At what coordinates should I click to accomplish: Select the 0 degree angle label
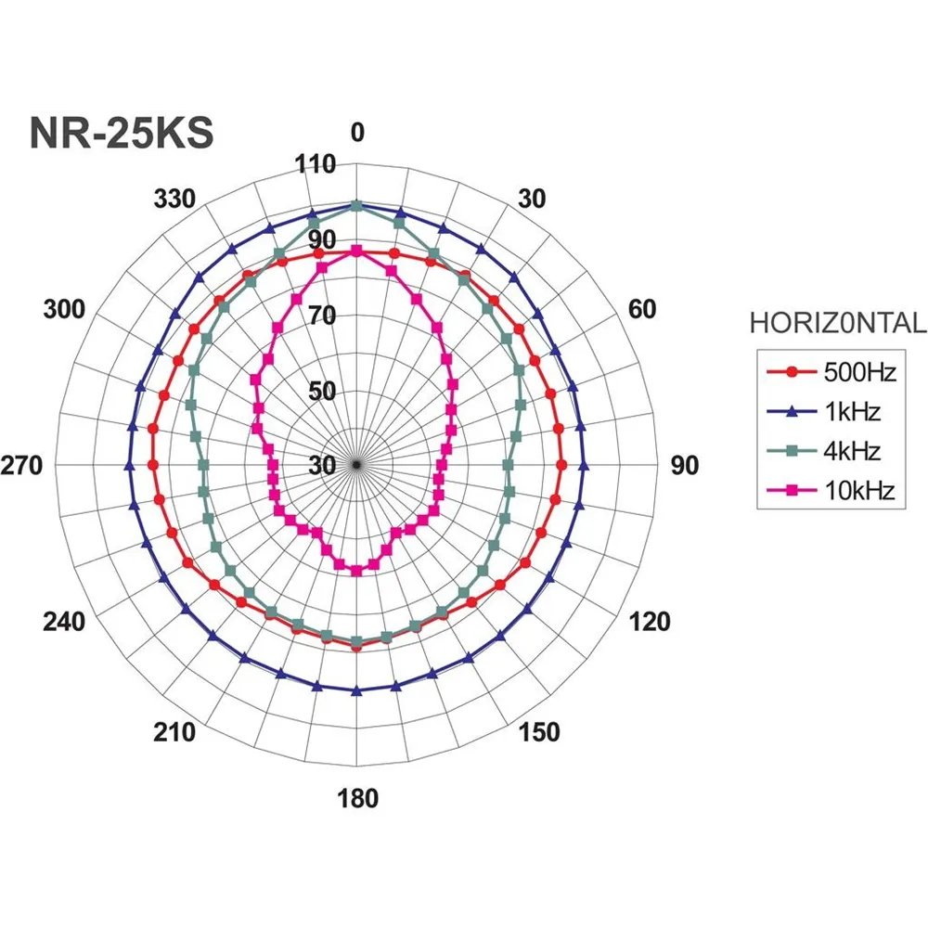358,134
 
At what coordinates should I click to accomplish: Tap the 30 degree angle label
533,199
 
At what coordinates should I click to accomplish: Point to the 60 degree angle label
642,309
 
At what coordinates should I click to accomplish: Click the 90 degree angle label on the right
685,466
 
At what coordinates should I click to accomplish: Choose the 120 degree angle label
650,622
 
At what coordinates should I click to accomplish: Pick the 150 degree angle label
540,732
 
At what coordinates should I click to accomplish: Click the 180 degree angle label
358,798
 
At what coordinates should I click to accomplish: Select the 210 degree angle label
174,732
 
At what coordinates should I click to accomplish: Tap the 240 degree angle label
64,622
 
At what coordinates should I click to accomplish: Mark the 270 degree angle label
23,466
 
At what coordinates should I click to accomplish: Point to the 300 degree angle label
64,309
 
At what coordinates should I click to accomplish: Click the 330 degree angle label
174,199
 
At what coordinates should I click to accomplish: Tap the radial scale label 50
322,391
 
